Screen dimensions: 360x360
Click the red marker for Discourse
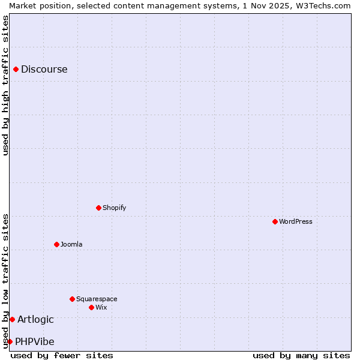16,70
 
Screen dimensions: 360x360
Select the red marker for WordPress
275,221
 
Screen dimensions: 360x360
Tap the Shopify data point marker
98,208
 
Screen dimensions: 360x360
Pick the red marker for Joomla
56,244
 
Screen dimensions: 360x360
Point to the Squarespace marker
72,299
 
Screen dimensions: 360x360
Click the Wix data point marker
91,307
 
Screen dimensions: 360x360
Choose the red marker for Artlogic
12,319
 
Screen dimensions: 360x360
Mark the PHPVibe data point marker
10,341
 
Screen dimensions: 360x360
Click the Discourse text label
44,70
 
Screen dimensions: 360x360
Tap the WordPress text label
296,221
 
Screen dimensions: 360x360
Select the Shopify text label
115,208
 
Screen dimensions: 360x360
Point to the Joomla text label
71,244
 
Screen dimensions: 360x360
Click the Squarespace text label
97,299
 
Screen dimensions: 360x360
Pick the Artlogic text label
35,319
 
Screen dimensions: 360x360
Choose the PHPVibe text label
35,341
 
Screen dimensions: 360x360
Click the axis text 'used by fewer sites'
62,355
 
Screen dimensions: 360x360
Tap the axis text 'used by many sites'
301,355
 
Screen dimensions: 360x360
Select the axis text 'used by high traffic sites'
5,85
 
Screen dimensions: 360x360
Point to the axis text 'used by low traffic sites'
5,281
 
